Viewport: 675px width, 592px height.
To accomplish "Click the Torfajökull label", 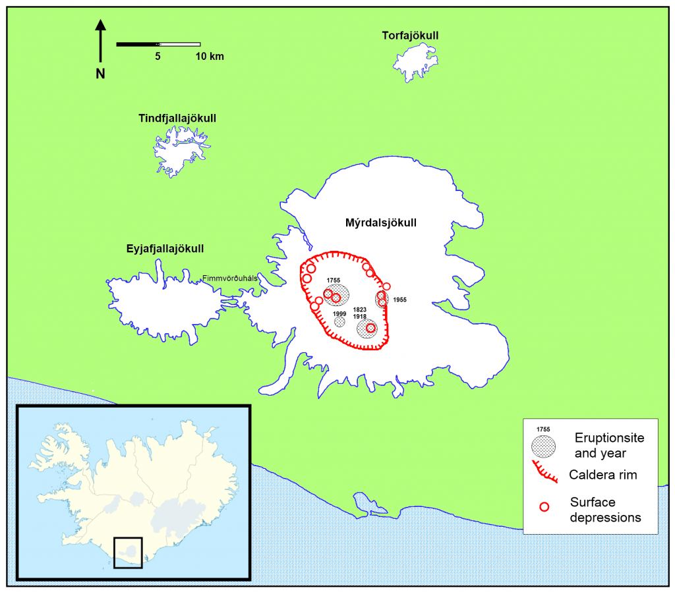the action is [x=410, y=35].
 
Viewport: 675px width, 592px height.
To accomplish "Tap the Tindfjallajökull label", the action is [x=177, y=119].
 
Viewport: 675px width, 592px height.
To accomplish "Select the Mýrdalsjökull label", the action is [x=381, y=223].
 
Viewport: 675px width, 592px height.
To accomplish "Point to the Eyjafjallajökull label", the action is [x=165, y=249].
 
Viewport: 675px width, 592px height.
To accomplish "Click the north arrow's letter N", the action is [x=100, y=74].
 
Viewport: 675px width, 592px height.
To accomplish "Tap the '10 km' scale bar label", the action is [x=209, y=57].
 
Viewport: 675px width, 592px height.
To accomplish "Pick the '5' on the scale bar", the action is [x=158, y=57].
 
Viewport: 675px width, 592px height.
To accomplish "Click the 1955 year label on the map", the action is [x=399, y=300].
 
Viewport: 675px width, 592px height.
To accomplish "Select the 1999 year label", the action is [x=339, y=314].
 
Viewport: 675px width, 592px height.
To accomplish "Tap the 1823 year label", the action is [x=359, y=309].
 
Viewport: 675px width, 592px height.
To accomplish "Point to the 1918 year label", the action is [x=359, y=317].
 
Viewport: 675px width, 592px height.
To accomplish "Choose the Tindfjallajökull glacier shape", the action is [x=178, y=151].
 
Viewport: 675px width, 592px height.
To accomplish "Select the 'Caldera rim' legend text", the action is [x=602, y=475].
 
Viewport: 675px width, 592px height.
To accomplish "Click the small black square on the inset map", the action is [x=128, y=552].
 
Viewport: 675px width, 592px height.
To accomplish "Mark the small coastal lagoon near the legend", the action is [x=362, y=503].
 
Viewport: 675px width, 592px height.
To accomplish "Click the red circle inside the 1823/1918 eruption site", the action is [x=370, y=328].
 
